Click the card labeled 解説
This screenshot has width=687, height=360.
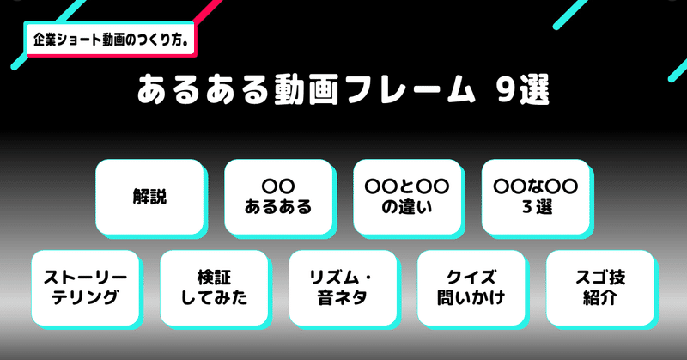tap(149, 196)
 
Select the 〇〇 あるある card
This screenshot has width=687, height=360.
tap(278, 196)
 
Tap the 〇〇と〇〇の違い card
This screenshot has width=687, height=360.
tap(407, 196)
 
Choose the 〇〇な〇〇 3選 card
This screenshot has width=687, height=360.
tap(535, 196)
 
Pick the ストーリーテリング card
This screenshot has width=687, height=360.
tap(84, 287)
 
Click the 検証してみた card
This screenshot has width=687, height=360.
tap(213, 287)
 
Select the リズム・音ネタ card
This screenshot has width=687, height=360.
tap(342, 287)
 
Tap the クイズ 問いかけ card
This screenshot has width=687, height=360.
tap(471, 287)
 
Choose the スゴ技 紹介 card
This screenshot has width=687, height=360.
tap(599, 287)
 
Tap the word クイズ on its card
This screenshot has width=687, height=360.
tap(471, 276)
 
